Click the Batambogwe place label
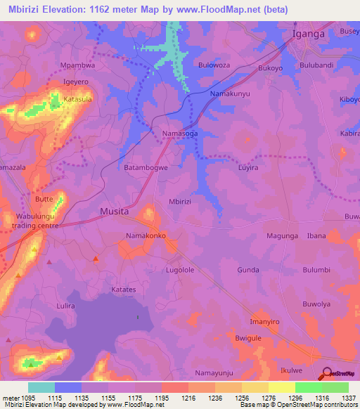click(x=147, y=168)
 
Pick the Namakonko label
click(x=146, y=235)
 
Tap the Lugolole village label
click(x=179, y=269)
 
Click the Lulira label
click(x=66, y=306)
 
